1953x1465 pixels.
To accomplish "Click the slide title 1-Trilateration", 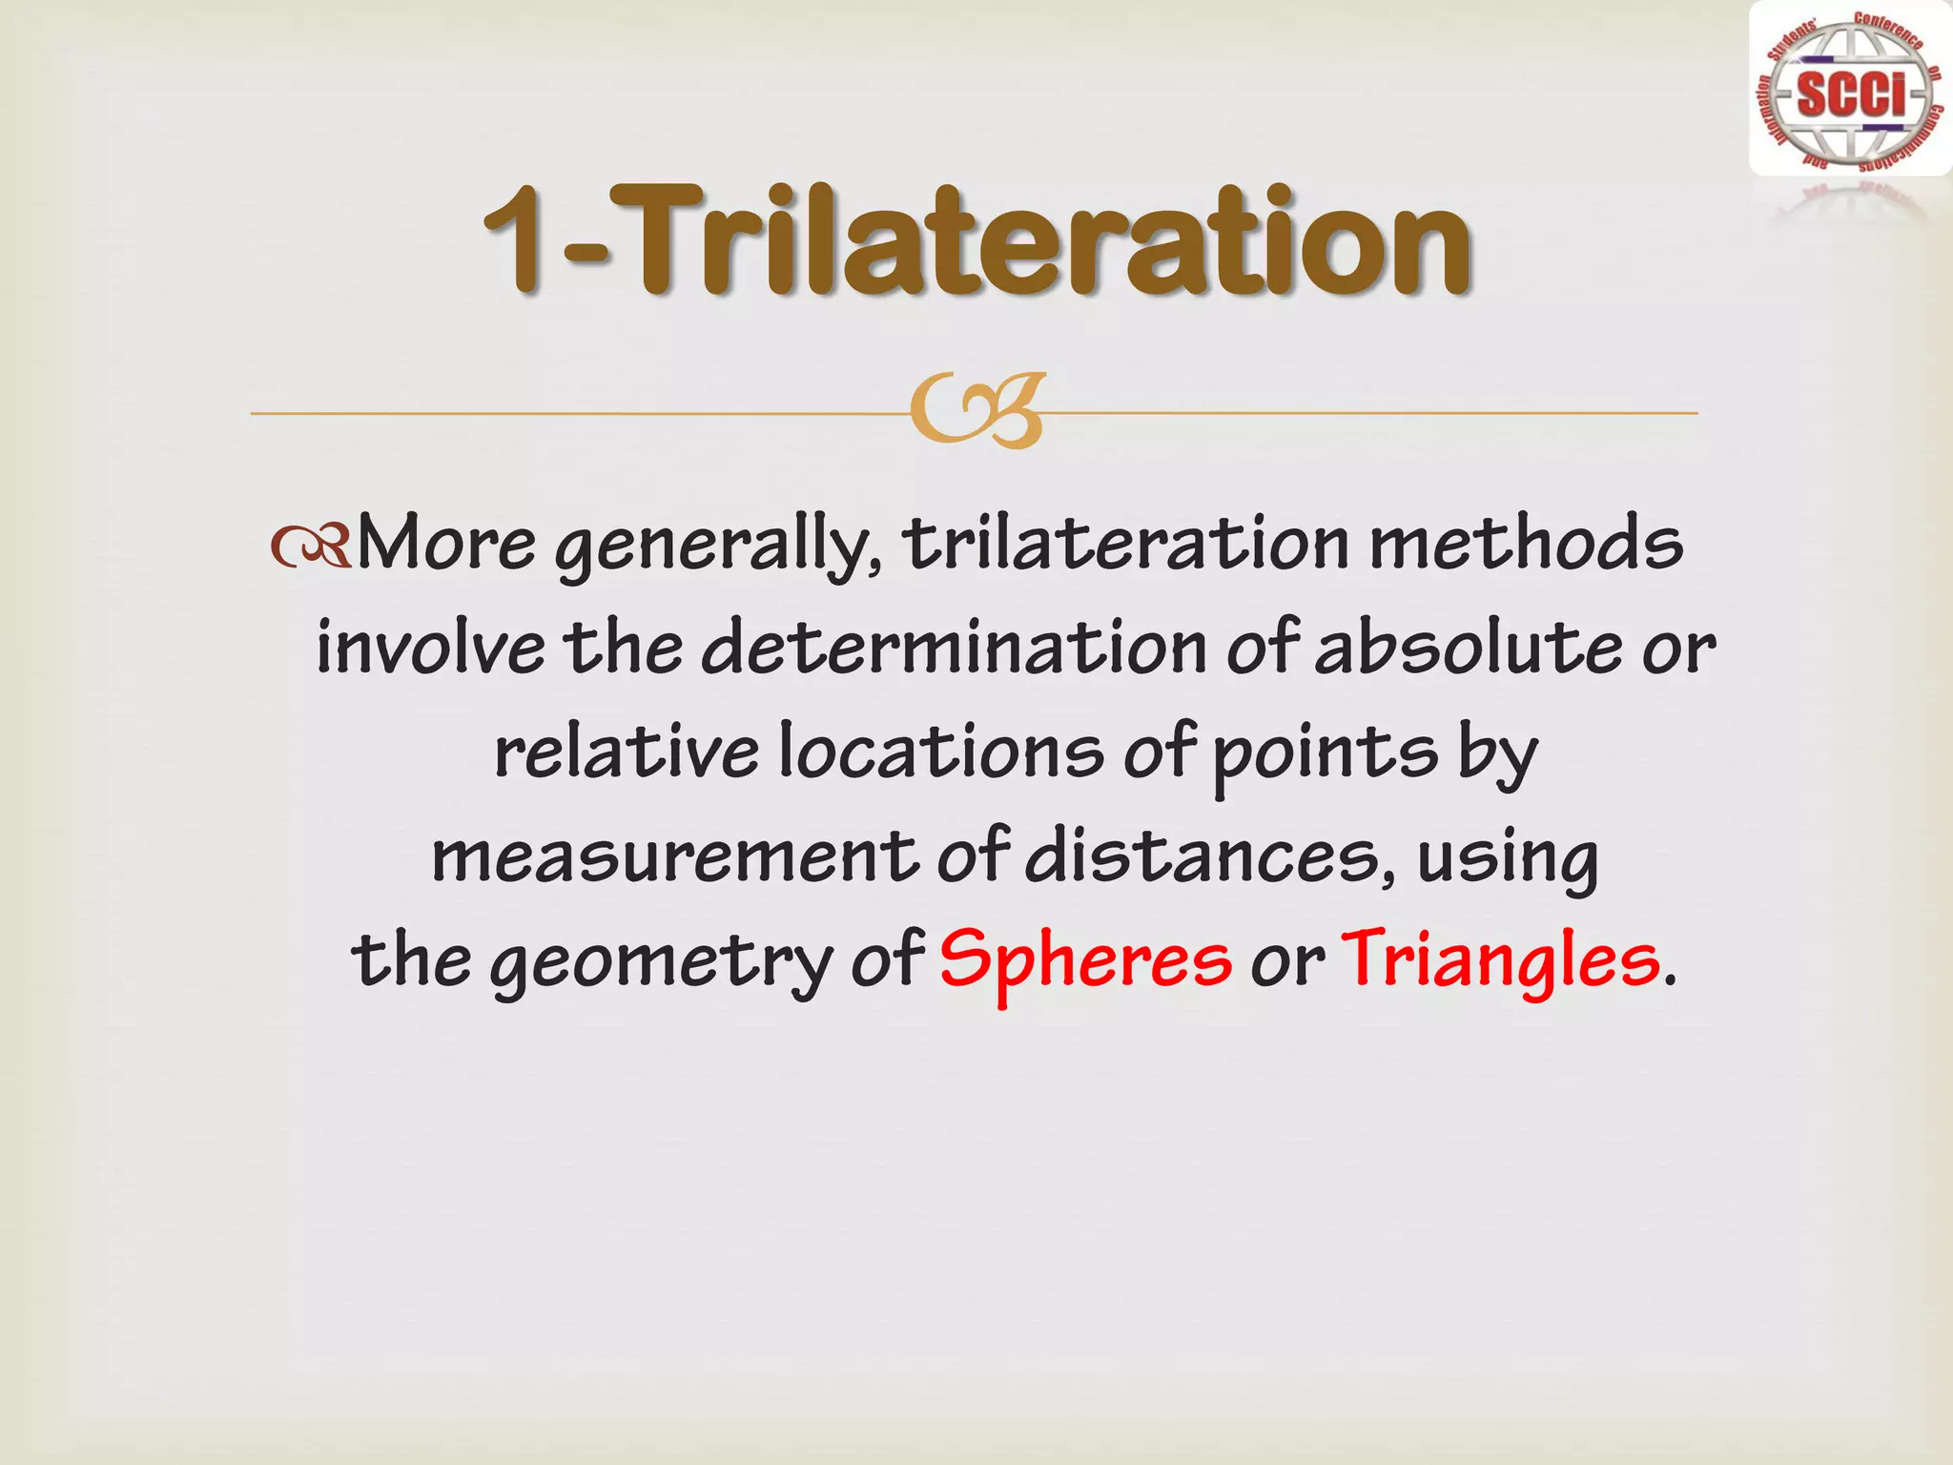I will pos(977,240).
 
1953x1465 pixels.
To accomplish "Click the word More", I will pos(445,545).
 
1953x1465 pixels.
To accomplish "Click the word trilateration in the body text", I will pos(1126,545).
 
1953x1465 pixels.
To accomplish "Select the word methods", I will pos(1526,545).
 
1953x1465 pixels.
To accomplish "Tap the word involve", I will pos(430,649).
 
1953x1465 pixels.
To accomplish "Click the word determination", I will pos(954,649).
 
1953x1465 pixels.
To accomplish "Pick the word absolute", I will pos(1469,649).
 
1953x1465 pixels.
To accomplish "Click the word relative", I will pos(626,753).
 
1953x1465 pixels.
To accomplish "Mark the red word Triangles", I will pos(1500,961).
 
